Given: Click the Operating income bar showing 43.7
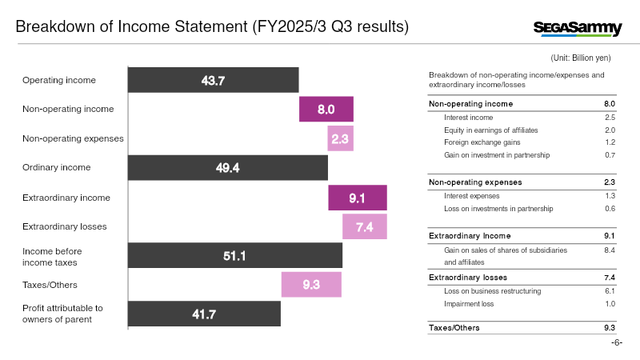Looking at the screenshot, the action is [x=213, y=80].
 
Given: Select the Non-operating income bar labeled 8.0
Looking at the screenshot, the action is [x=326, y=109].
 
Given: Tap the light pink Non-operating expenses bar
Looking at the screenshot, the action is [x=340, y=138].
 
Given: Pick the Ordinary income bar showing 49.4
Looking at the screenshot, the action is [x=228, y=168].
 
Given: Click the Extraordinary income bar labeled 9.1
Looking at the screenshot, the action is [x=358, y=198].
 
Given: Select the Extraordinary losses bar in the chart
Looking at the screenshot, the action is [x=365, y=226].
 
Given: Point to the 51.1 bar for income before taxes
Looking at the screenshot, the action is [x=235, y=255].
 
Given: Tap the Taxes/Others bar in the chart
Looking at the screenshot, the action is [x=311, y=285].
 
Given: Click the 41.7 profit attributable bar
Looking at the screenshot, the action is [x=204, y=314].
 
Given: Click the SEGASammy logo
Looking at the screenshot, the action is [x=578, y=29].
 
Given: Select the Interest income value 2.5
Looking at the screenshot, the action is [x=610, y=118].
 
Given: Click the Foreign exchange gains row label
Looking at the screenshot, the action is [x=482, y=142].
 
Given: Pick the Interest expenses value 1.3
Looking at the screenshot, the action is [x=610, y=196].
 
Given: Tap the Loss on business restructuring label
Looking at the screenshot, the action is [x=492, y=291].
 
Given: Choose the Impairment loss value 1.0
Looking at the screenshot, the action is [x=610, y=304].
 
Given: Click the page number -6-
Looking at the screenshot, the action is [x=617, y=342].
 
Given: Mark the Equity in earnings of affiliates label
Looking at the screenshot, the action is [x=491, y=130].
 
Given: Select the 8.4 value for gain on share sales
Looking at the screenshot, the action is [x=610, y=250].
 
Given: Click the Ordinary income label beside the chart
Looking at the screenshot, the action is [x=56, y=167].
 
